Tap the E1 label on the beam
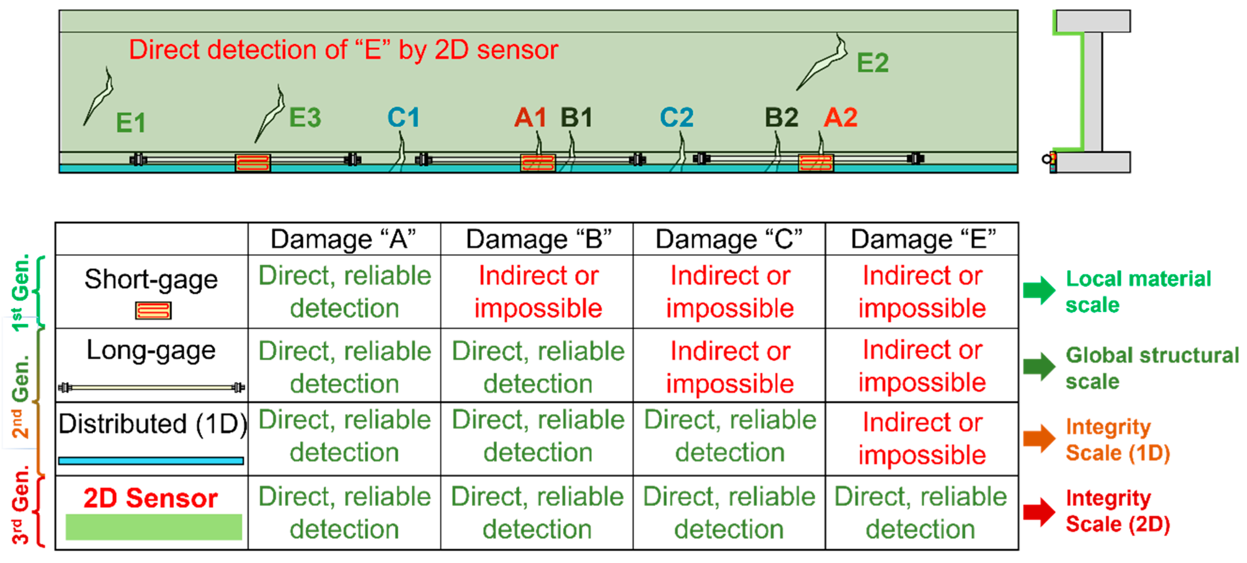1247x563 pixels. coord(131,123)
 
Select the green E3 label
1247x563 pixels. coord(305,118)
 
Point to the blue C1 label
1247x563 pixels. coord(403,118)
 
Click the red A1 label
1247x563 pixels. coord(530,118)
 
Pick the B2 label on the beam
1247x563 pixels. coord(781,118)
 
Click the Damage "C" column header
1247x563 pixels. coord(729,239)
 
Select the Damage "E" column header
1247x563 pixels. coord(923,239)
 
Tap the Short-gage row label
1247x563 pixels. coord(151,280)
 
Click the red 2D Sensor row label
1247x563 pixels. coord(151,498)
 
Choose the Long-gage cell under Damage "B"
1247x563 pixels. coord(538,367)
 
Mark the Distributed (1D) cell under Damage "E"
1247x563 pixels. coord(922,438)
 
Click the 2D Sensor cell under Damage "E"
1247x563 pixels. coord(921,513)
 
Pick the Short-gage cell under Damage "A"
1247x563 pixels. coord(345,292)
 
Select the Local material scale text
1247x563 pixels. coord(1138,292)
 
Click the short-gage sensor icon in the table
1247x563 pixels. coord(153,310)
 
